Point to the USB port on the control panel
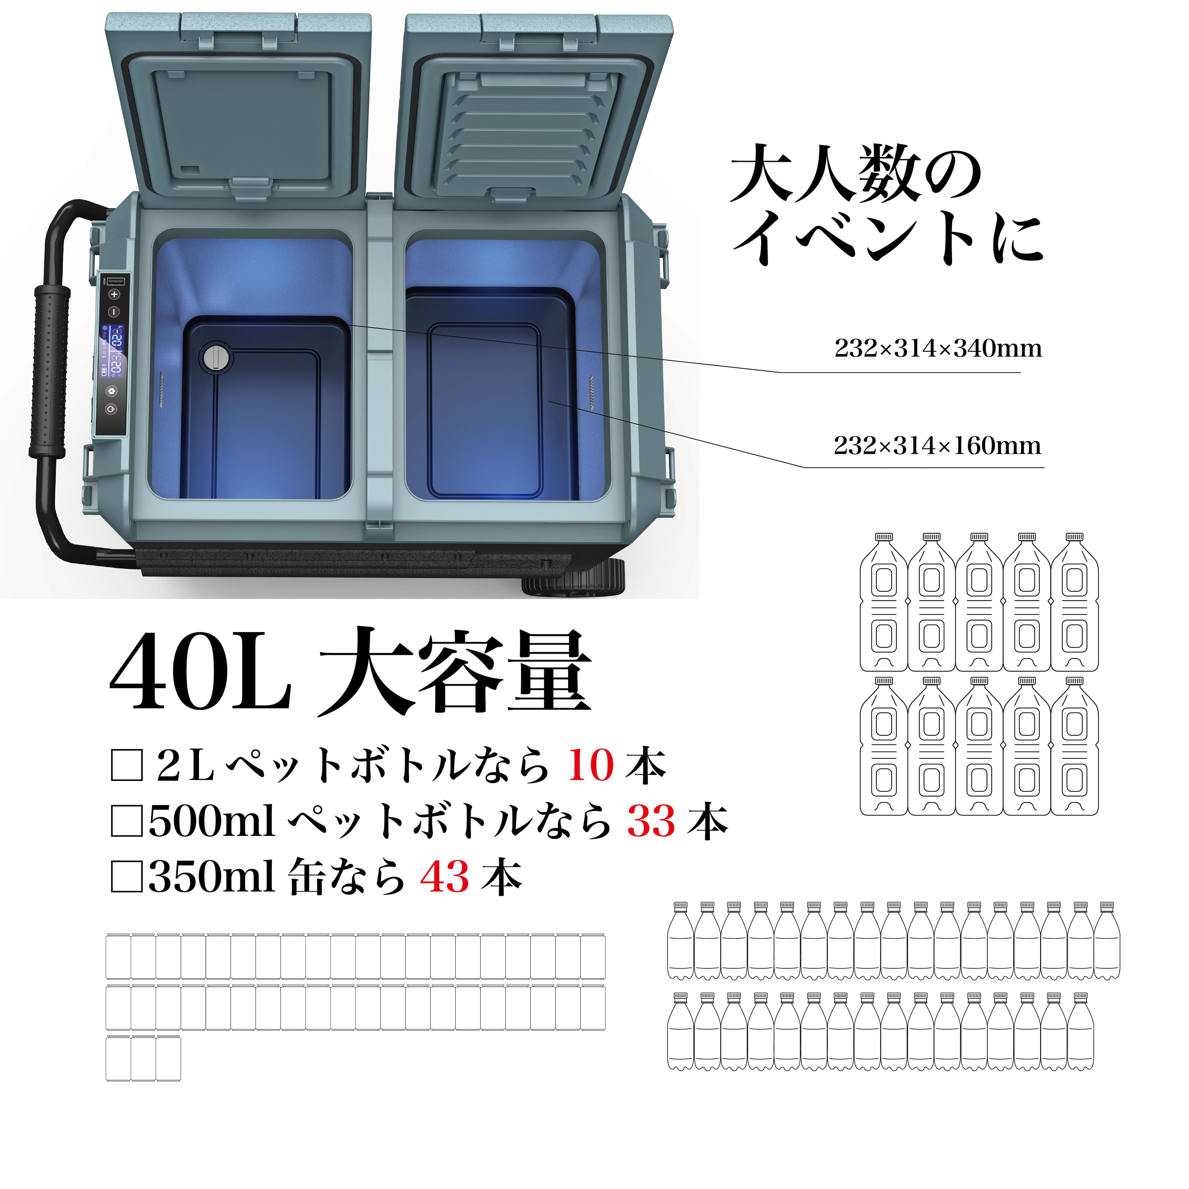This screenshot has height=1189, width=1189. pyautogui.click(x=115, y=281)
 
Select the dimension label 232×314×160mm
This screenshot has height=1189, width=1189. pyautogui.click(x=937, y=446)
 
